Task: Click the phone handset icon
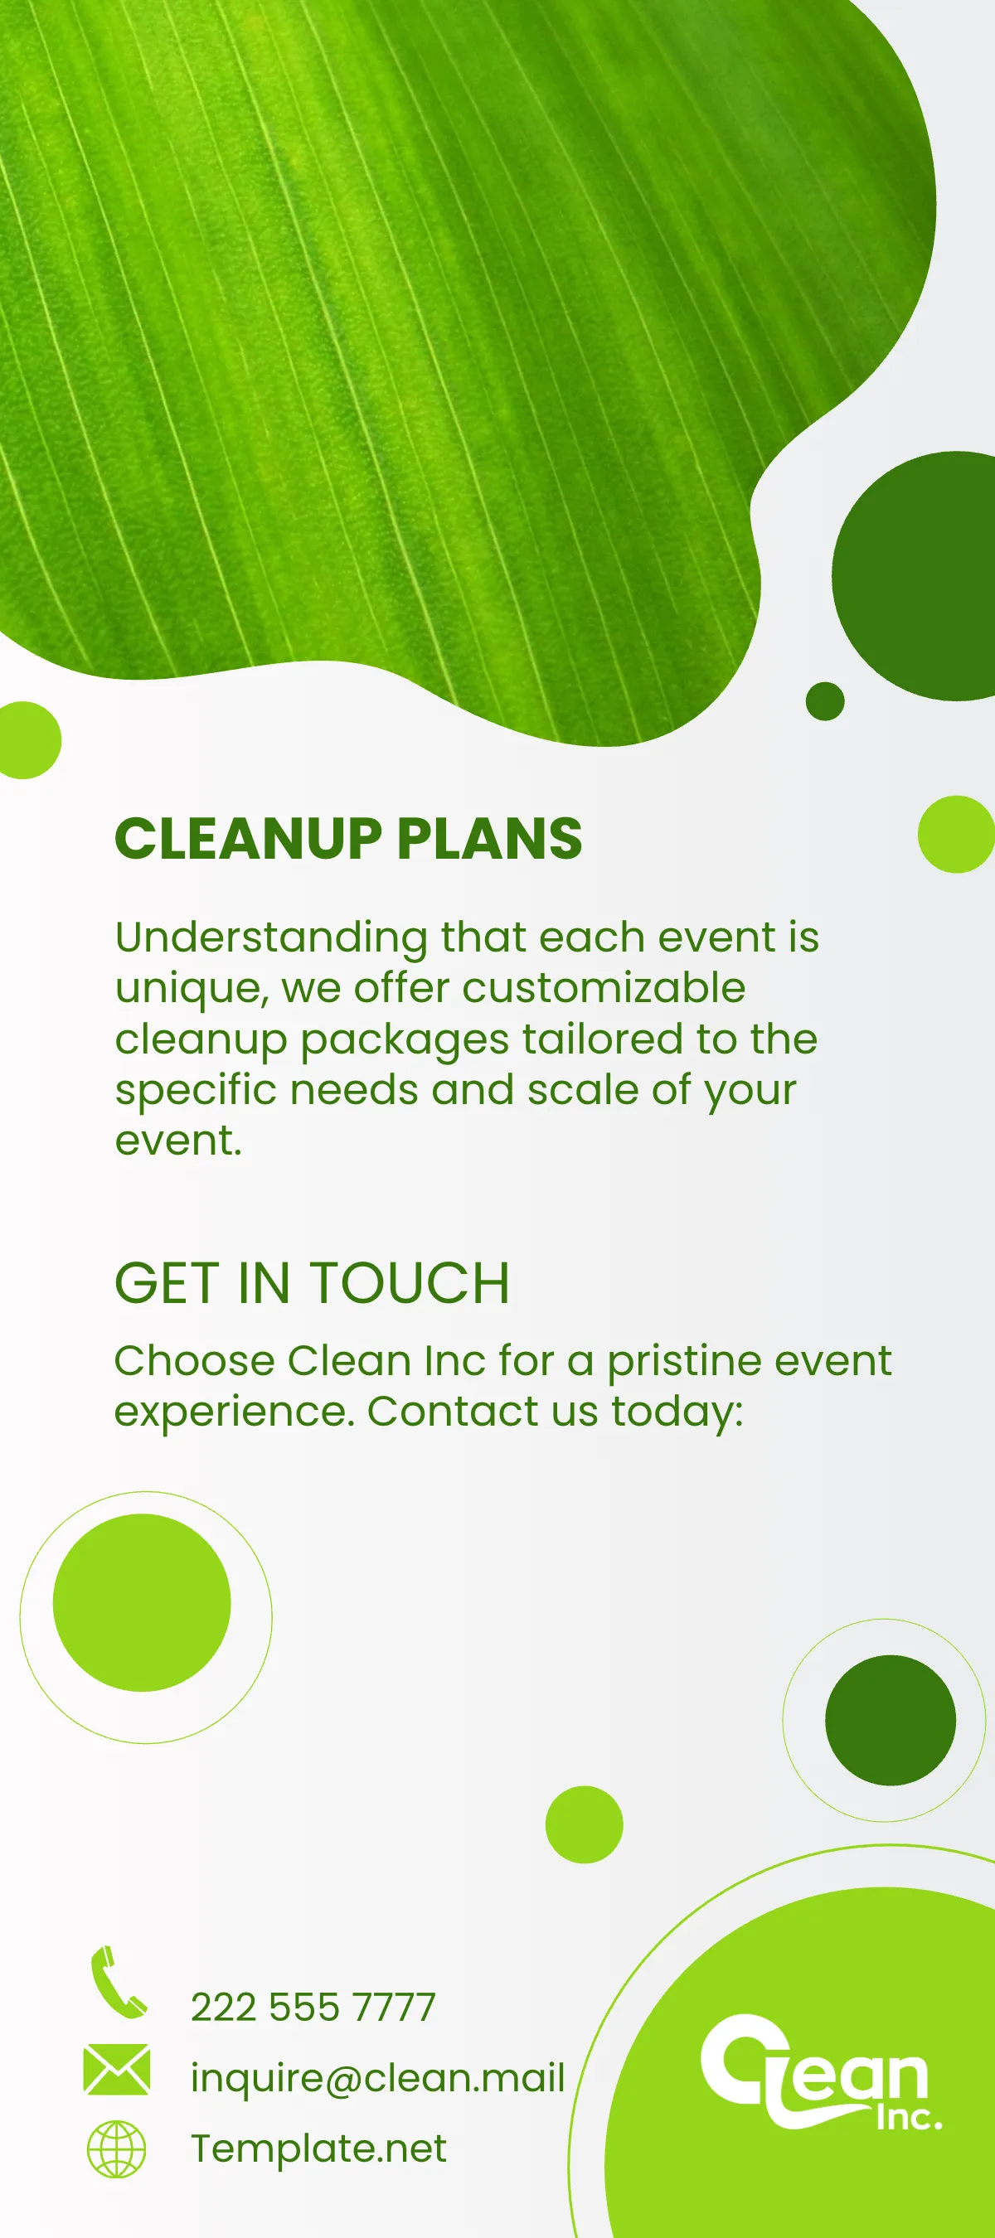pos(117,1983)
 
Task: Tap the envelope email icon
pos(116,2070)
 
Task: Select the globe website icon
pos(116,2148)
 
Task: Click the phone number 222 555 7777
pos(313,2008)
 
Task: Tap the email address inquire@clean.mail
pos(377,2078)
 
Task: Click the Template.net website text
pos(318,2148)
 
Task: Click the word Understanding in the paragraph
pos(271,938)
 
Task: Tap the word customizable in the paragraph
pos(603,988)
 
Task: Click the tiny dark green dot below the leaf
pos(825,701)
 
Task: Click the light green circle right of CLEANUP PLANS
pos(957,834)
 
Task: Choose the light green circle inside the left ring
pos(142,1603)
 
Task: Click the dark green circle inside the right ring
pos(890,1720)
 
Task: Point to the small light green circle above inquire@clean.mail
pos(584,1824)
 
